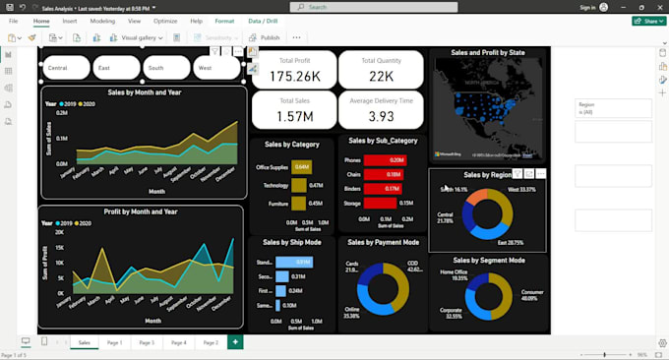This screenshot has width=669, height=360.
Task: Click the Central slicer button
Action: [x=66, y=68]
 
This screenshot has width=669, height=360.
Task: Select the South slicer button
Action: [x=167, y=68]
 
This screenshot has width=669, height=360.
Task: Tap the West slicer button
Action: [x=217, y=68]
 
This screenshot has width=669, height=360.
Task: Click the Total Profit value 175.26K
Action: [x=293, y=76]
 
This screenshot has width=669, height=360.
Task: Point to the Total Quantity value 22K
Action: [x=381, y=76]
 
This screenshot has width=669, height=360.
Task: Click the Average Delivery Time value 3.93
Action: [x=381, y=116]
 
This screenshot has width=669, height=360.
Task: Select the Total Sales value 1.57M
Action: [x=293, y=116]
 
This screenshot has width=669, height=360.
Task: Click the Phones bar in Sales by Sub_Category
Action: [x=386, y=159]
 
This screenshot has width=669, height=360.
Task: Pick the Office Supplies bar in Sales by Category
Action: [x=301, y=167]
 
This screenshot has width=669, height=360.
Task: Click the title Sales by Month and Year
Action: [x=144, y=93]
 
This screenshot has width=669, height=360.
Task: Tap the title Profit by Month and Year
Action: [x=141, y=211]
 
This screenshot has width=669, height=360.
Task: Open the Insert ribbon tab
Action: [x=70, y=21]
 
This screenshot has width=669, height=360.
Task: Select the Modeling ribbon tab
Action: [x=102, y=21]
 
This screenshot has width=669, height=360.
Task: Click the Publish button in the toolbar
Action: [x=265, y=37]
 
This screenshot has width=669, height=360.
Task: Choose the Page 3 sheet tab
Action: [x=147, y=342]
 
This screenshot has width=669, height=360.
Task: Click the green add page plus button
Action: [x=234, y=341]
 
